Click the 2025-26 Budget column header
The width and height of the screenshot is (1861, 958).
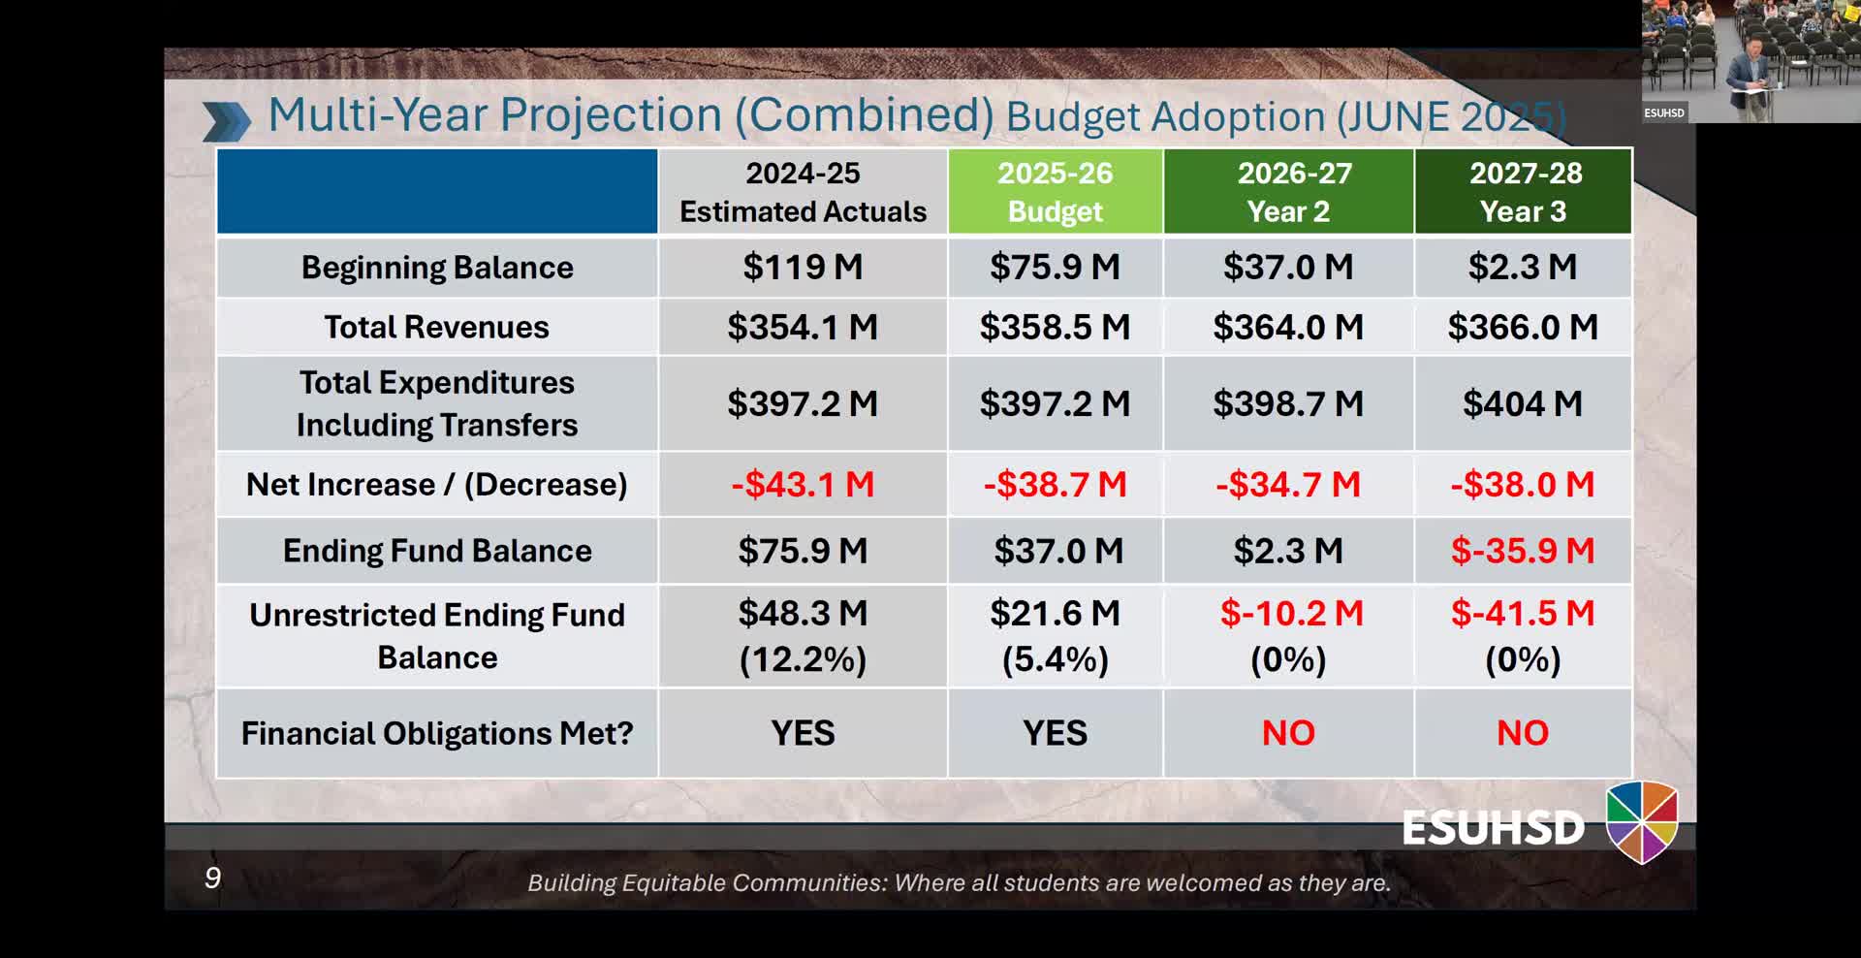pos(1055,192)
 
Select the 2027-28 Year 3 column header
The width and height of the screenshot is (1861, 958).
pos(1523,192)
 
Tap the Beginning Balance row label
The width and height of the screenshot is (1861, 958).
pos(437,268)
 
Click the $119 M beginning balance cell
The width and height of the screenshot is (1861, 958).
pos(803,267)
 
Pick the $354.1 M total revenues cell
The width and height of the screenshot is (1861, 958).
pos(803,328)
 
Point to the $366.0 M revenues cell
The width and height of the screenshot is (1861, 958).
pos(1523,328)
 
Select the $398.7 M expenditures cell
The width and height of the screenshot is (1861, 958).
pos(1288,403)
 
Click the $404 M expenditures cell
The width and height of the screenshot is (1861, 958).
pos(1523,403)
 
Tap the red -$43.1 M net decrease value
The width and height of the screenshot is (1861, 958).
pos(803,484)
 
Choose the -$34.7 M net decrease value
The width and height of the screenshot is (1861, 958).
pos(1288,484)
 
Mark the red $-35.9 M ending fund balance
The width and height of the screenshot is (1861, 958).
pos(1523,551)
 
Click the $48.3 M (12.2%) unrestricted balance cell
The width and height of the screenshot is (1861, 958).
pos(803,636)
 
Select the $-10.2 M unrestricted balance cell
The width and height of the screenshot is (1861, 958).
pos(1291,614)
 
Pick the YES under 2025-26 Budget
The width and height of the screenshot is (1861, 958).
pos(1055,733)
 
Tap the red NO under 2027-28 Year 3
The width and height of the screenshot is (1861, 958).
pos(1523,733)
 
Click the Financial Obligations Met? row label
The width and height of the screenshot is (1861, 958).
pos(437,734)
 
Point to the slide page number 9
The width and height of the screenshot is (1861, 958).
pos(213,878)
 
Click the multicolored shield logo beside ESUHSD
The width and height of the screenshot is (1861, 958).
pos(1642,822)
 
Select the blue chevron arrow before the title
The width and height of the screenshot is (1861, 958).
pos(226,121)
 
